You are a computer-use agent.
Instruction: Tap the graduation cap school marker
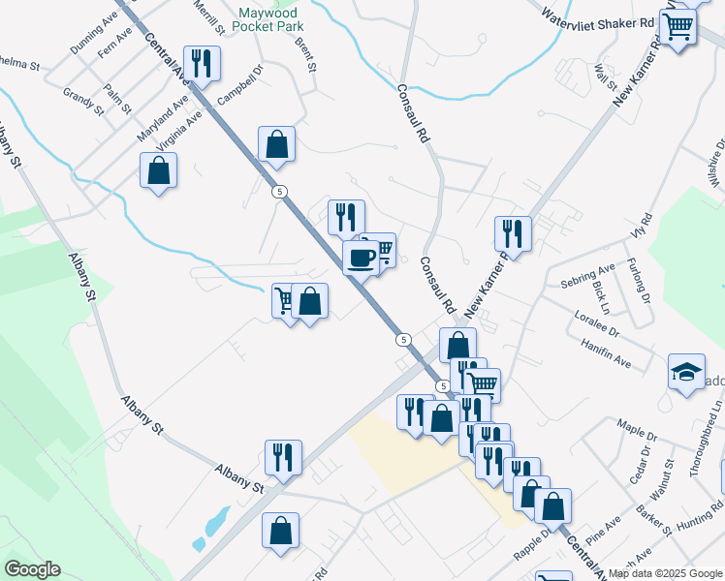click(x=686, y=372)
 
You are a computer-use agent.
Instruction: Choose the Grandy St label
click(x=83, y=101)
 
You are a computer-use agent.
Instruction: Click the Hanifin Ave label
click(x=607, y=353)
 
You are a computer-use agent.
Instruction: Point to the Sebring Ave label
click(x=588, y=276)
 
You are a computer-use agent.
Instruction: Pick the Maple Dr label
click(x=637, y=426)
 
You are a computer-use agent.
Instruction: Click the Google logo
click(x=31, y=569)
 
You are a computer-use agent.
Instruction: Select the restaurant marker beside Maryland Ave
click(x=202, y=64)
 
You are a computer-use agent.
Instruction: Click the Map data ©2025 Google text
click(x=665, y=573)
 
